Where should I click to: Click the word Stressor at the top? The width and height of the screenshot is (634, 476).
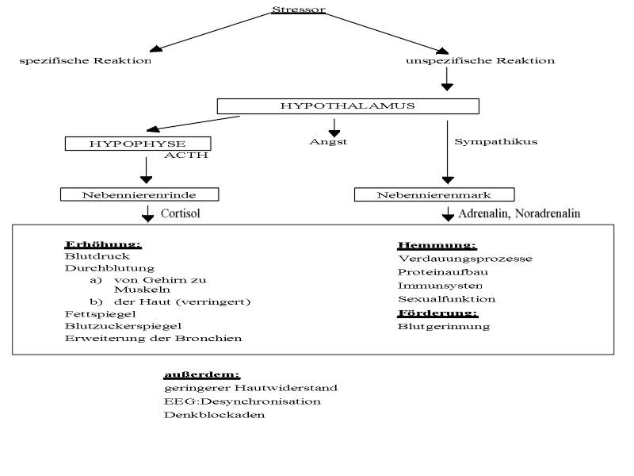pos(299,10)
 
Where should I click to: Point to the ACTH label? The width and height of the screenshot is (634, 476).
pos(186,155)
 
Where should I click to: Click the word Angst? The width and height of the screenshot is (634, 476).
pos(328,142)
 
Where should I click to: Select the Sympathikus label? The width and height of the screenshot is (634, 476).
pos(496,142)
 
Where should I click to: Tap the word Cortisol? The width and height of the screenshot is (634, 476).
pos(181,213)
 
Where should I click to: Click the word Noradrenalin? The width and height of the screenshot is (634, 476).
pos(548,213)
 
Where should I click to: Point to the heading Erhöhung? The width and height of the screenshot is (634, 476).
pos(103,244)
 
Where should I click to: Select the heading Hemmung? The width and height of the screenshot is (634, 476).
pos(437,245)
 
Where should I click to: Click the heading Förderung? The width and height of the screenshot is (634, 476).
pos(438,313)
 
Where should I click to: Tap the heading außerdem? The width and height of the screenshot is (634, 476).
pos(202,374)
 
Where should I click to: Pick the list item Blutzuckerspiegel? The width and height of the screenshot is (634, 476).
pos(123,326)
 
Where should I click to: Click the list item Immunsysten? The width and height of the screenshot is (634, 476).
pos(440,286)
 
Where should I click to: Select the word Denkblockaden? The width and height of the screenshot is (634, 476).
pos(214,415)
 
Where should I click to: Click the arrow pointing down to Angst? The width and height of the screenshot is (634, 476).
pos(334,128)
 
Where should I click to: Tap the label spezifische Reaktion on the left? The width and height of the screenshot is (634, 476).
pos(86,61)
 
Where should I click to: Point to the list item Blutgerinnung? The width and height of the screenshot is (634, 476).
pos(444,327)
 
